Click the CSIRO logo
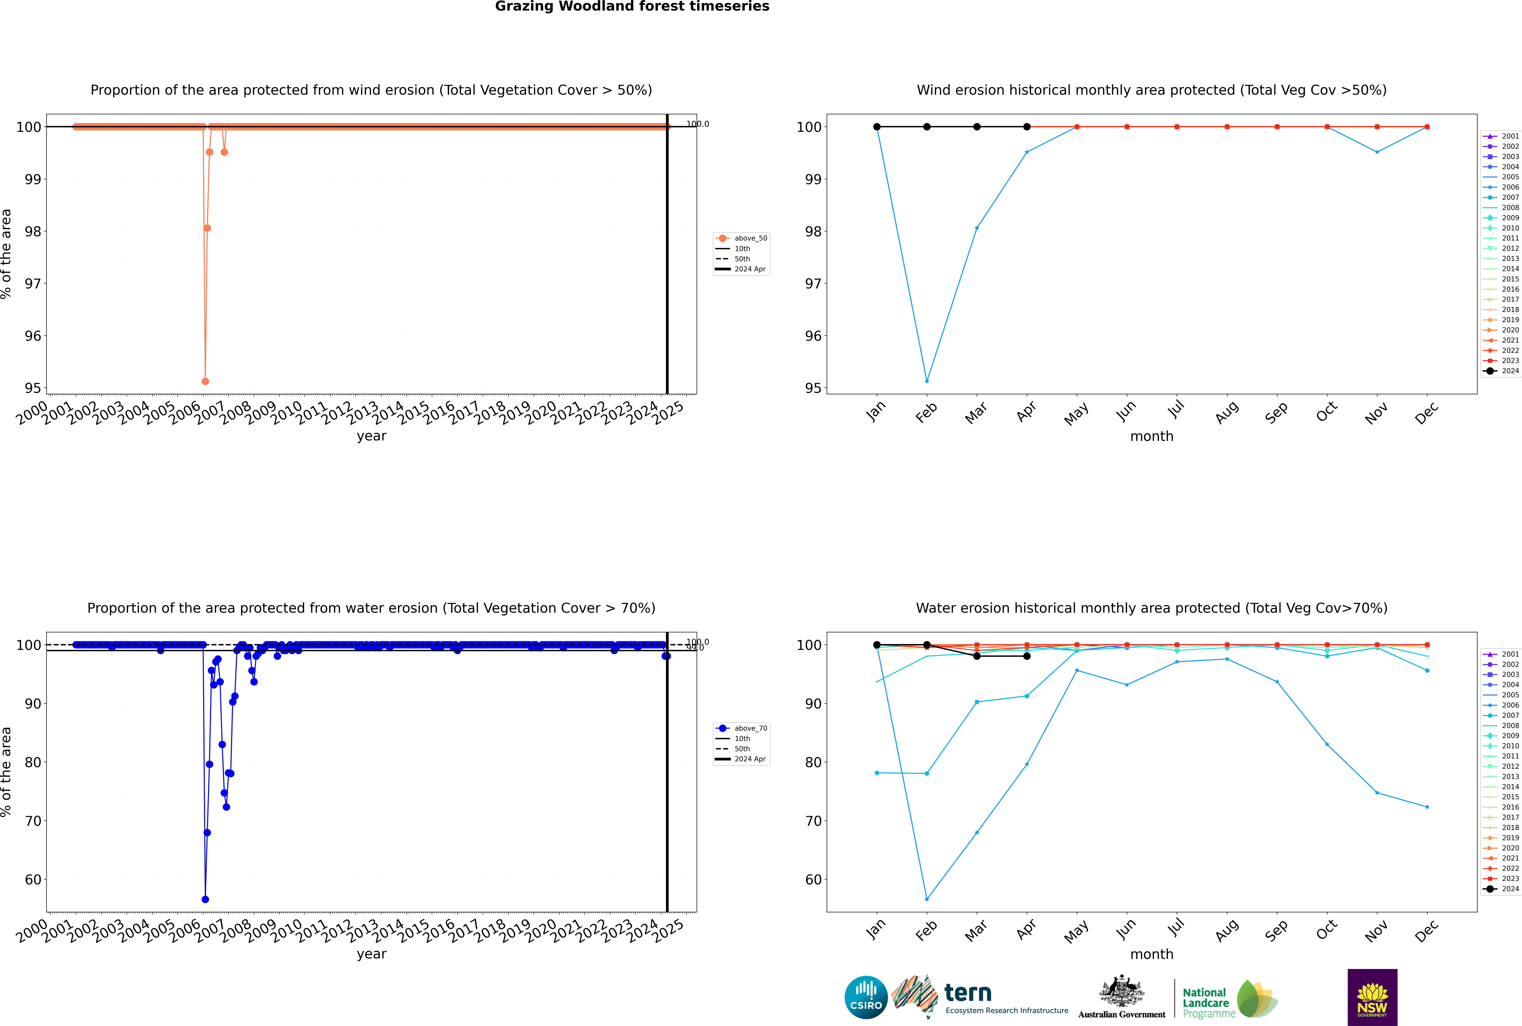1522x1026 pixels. tap(866, 997)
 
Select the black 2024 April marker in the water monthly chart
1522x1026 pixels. tap(1027, 656)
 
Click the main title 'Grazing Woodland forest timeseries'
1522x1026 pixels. tap(632, 6)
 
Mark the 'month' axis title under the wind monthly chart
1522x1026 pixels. tap(1152, 437)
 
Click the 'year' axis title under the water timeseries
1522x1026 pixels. tap(372, 954)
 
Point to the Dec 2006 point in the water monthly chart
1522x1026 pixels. tap(1427, 807)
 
